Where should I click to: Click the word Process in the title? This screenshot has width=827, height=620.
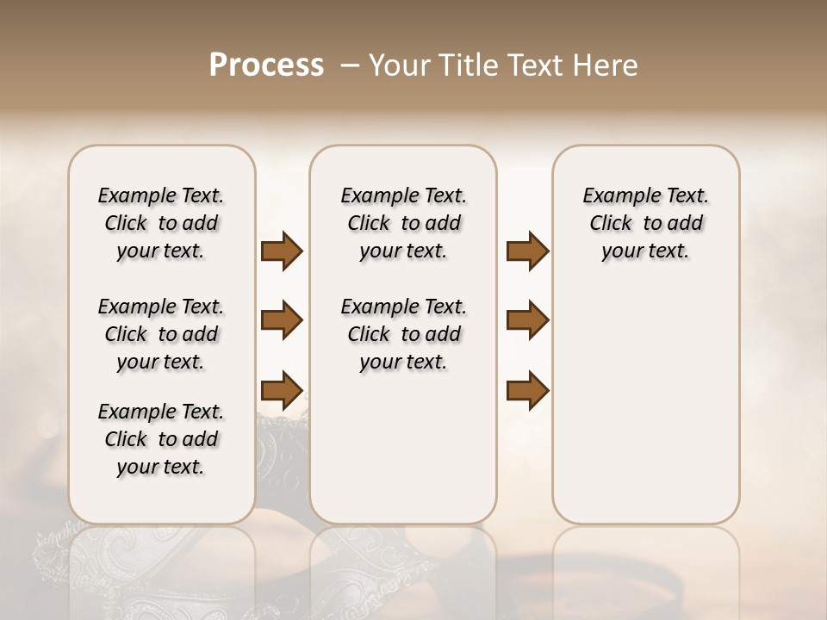(x=266, y=65)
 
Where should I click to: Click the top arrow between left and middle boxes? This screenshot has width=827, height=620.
(x=282, y=251)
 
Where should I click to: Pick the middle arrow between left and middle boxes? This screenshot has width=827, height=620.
(x=282, y=320)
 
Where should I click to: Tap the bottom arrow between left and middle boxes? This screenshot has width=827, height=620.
(x=282, y=390)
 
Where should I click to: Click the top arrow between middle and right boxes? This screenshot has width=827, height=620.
(x=527, y=251)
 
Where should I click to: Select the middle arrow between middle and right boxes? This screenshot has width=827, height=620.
(x=527, y=320)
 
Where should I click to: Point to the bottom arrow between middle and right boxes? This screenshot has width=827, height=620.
(x=527, y=390)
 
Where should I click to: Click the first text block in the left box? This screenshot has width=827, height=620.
(x=161, y=223)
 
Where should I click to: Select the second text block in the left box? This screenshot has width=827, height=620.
(x=161, y=334)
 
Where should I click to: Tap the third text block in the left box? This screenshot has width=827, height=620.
(x=161, y=439)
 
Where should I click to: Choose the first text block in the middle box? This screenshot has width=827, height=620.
(x=403, y=223)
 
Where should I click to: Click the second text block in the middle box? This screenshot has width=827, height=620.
(x=403, y=334)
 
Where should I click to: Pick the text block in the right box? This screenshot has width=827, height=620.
(x=645, y=223)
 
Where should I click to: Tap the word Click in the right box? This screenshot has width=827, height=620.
(x=611, y=224)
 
